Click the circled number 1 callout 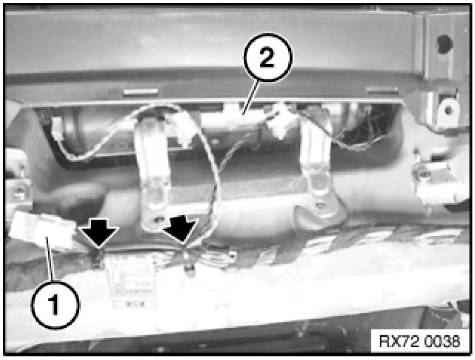click(55, 305)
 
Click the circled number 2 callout click(268, 57)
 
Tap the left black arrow click(99, 233)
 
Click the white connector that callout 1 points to click(42, 232)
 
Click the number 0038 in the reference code click(442, 341)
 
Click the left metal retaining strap click(154, 173)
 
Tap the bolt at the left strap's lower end click(157, 219)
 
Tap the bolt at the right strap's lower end click(319, 205)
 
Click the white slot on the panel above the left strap click(141, 92)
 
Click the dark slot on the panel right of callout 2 click(382, 90)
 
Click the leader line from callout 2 click(250, 96)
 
